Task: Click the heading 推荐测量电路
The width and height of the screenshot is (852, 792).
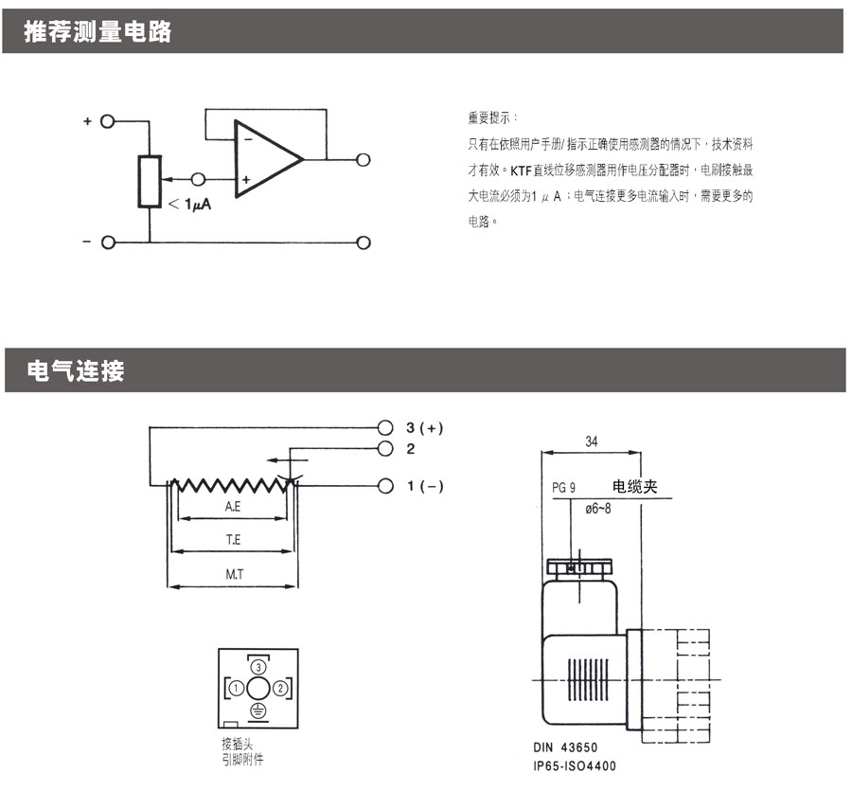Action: click(98, 31)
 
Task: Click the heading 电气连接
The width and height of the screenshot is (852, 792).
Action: click(76, 370)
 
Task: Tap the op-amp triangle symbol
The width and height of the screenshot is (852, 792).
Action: click(269, 158)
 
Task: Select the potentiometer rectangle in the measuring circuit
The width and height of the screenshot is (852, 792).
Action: click(150, 182)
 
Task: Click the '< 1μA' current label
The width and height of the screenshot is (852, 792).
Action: click(189, 205)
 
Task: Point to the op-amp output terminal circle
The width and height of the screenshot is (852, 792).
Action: click(363, 159)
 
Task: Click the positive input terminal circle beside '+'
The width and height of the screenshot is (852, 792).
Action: click(108, 121)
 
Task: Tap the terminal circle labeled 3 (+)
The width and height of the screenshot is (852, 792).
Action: click(385, 428)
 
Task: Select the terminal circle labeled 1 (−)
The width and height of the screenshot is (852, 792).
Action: click(385, 486)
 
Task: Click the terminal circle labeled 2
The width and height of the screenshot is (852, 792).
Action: click(385, 449)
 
